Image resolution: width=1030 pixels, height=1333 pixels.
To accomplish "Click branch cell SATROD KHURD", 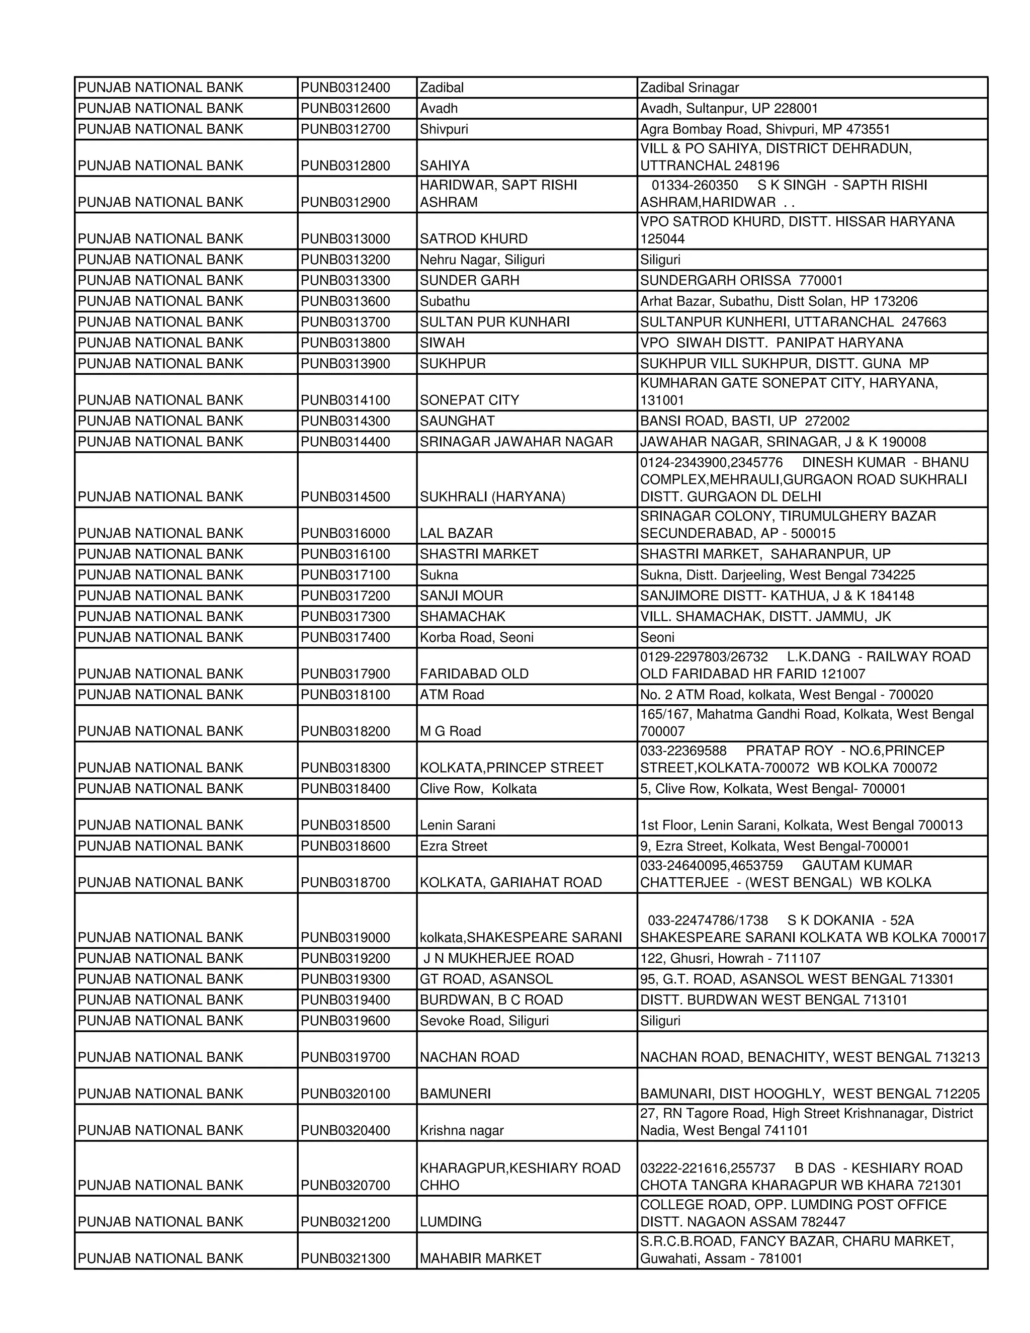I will pyautogui.click(x=473, y=238).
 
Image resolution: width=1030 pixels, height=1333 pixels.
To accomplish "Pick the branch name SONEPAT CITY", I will pyautogui.click(x=469, y=400).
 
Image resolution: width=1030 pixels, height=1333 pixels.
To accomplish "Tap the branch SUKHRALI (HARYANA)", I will pyautogui.click(x=492, y=497).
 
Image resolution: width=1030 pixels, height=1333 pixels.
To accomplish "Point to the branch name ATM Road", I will pyautogui.click(x=452, y=695).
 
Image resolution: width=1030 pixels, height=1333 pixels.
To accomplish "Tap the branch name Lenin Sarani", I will pyautogui.click(x=457, y=825).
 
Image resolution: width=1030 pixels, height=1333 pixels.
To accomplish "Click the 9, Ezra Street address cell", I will pyautogui.click(x=775, y=846).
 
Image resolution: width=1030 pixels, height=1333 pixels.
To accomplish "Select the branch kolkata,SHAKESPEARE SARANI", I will pyautogui.click(x=521, y=938).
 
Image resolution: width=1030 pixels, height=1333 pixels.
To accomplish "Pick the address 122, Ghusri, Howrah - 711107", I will pyautogui.click(x=730, y=958).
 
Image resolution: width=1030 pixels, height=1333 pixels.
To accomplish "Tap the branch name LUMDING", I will pyautogui.click(x=450, y=1222).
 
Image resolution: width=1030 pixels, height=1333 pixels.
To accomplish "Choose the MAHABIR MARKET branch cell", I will pyautogui.click(x=480, y=1259).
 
